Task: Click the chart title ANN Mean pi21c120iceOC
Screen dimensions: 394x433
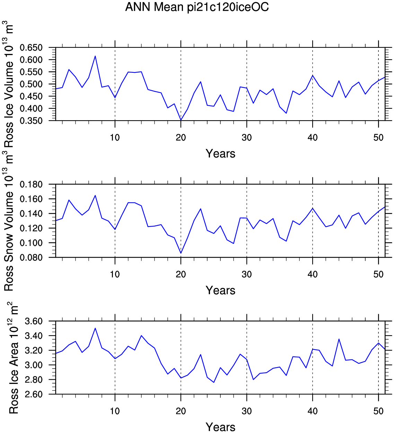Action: click(197, 7)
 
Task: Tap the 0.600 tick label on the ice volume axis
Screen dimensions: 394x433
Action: click(31, 60)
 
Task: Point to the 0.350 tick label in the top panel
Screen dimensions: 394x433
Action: click(31, 121)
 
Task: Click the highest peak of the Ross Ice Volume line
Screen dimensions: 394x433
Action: click(95, 56)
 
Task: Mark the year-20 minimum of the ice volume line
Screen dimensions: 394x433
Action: click(181, 120)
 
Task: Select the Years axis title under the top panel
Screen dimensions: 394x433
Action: click(220, 153)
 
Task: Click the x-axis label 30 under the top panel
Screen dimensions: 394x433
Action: click(247, 138)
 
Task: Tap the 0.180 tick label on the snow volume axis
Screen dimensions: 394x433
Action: click(31, 185)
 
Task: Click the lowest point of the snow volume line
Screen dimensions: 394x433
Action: click(181, 253)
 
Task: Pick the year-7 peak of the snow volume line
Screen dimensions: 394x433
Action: click(95, 195)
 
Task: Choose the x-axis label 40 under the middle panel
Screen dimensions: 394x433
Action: click(313, 274)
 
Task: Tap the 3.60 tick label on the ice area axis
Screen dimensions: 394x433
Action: click(34, 321)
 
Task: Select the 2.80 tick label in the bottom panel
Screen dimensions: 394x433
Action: click(34, 380)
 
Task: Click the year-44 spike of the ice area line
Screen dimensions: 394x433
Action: click(339, 339)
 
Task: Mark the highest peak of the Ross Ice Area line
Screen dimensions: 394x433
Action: click(95, 328)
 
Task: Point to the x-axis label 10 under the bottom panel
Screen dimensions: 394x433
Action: click(115, 411)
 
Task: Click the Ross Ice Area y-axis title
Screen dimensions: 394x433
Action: click(12, 358)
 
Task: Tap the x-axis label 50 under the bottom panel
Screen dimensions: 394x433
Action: click(378, 411)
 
